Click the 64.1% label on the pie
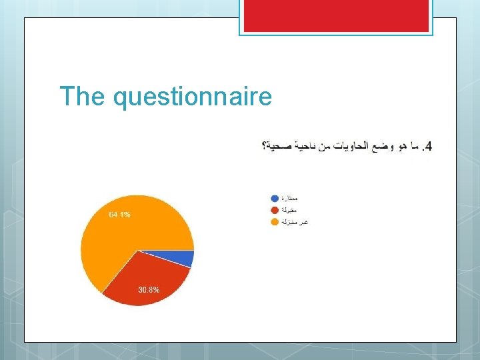click(120, 215)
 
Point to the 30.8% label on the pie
click(149, 290)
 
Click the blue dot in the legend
click(275, 199)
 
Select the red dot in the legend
click(275, 210)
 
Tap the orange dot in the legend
click(275, 221)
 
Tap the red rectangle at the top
click(335, 15)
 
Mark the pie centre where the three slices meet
click(137, 251)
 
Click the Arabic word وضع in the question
click(386, 146)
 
